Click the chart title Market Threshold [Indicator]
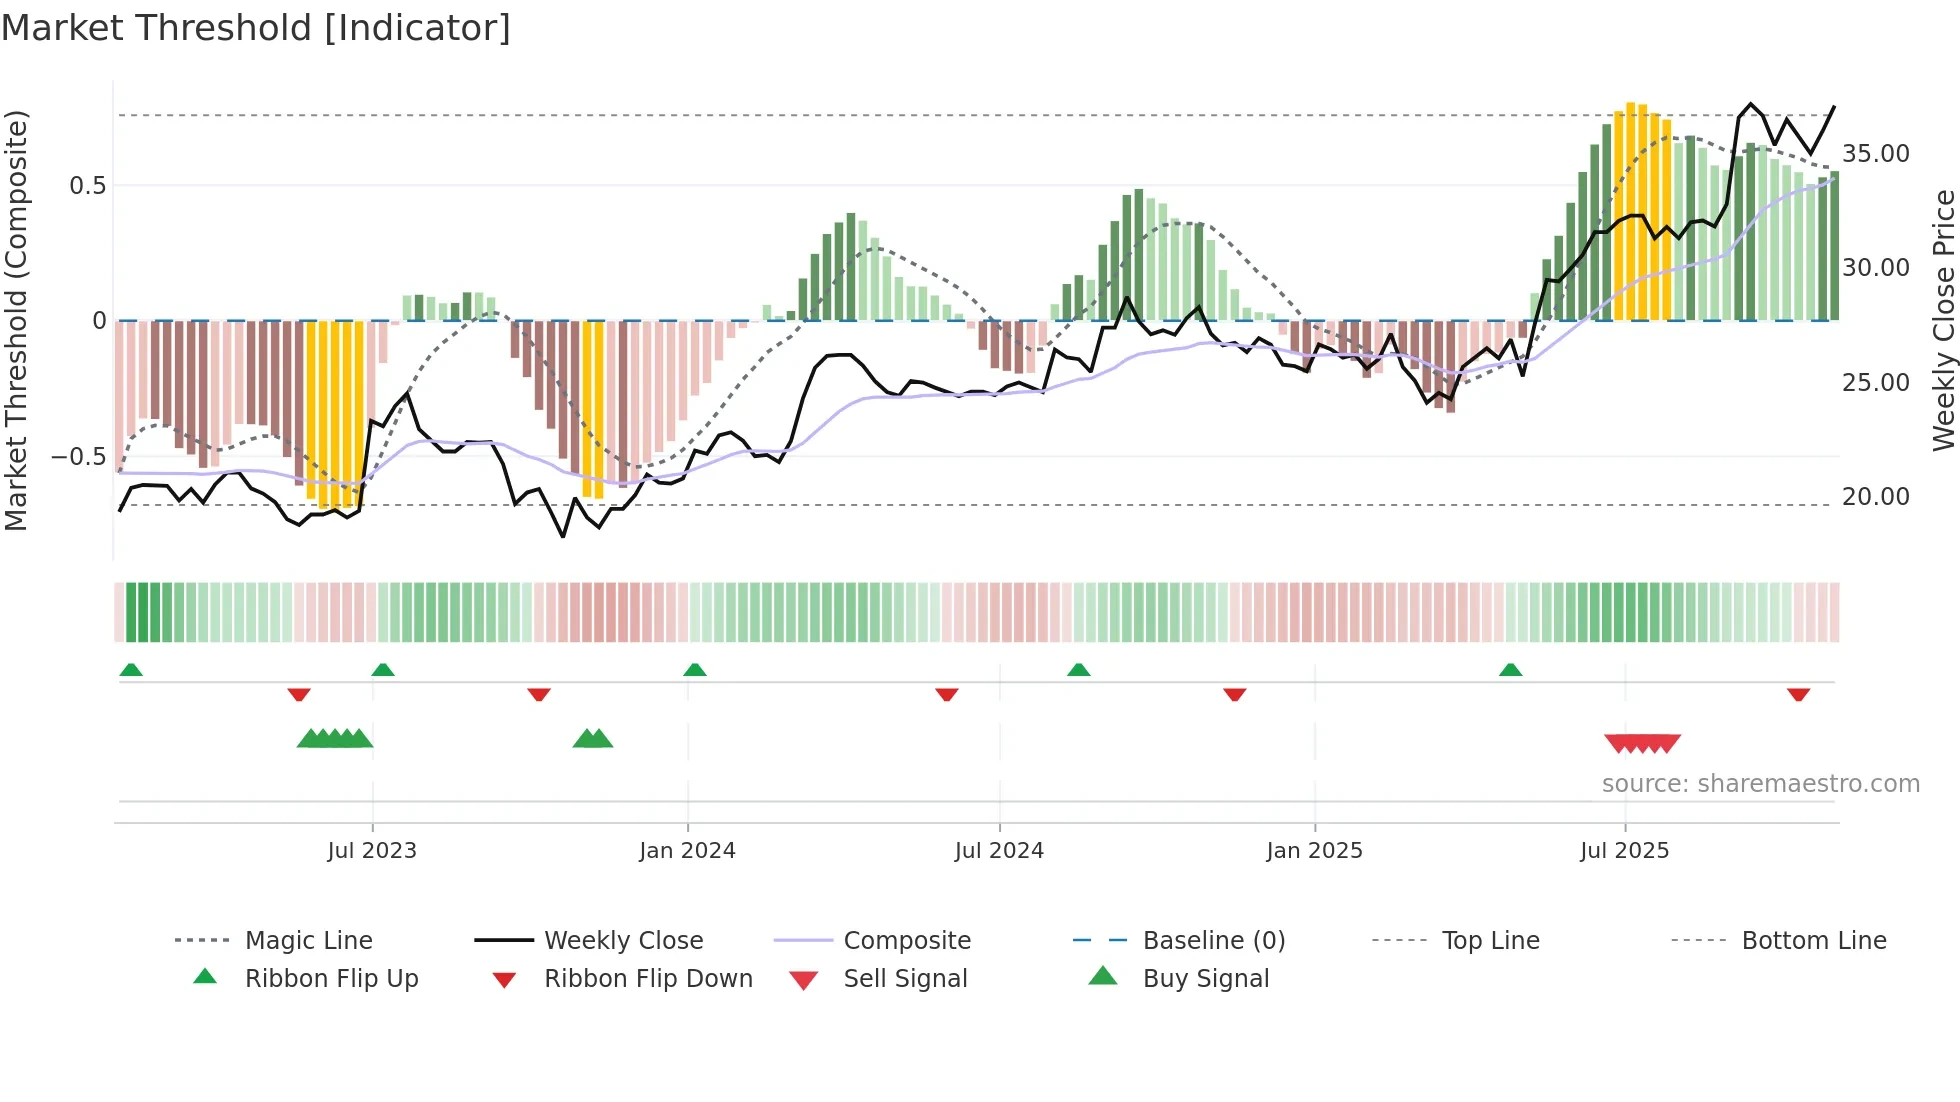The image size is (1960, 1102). pos(256,28)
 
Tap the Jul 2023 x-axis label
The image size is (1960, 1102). pos(372,851)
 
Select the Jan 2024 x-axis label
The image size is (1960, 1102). pos(687,851)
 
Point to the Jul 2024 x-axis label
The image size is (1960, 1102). pos(999,851)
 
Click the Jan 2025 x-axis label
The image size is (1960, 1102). pos(1314,851)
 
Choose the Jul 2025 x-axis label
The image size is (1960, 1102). pos(1625,851)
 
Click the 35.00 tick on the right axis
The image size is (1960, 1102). pos(1876,154)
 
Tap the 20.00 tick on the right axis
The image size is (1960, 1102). pos(1876,497)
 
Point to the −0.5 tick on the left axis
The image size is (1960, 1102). pos(78,457)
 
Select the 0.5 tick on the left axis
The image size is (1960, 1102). pos(87,186)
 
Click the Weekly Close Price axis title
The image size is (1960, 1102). pos(1943,320)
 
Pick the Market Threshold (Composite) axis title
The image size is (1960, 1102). pos(16,320)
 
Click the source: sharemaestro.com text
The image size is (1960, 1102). pos(1760,784)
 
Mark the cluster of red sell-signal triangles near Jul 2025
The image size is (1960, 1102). pos(1642,743)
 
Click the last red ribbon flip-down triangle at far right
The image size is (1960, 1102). pos(1798,694)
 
